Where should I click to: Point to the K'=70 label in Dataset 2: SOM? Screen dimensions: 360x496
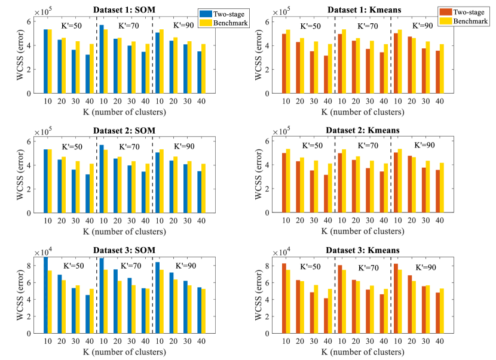130,147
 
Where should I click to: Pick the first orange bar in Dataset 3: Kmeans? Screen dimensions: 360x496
283,297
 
